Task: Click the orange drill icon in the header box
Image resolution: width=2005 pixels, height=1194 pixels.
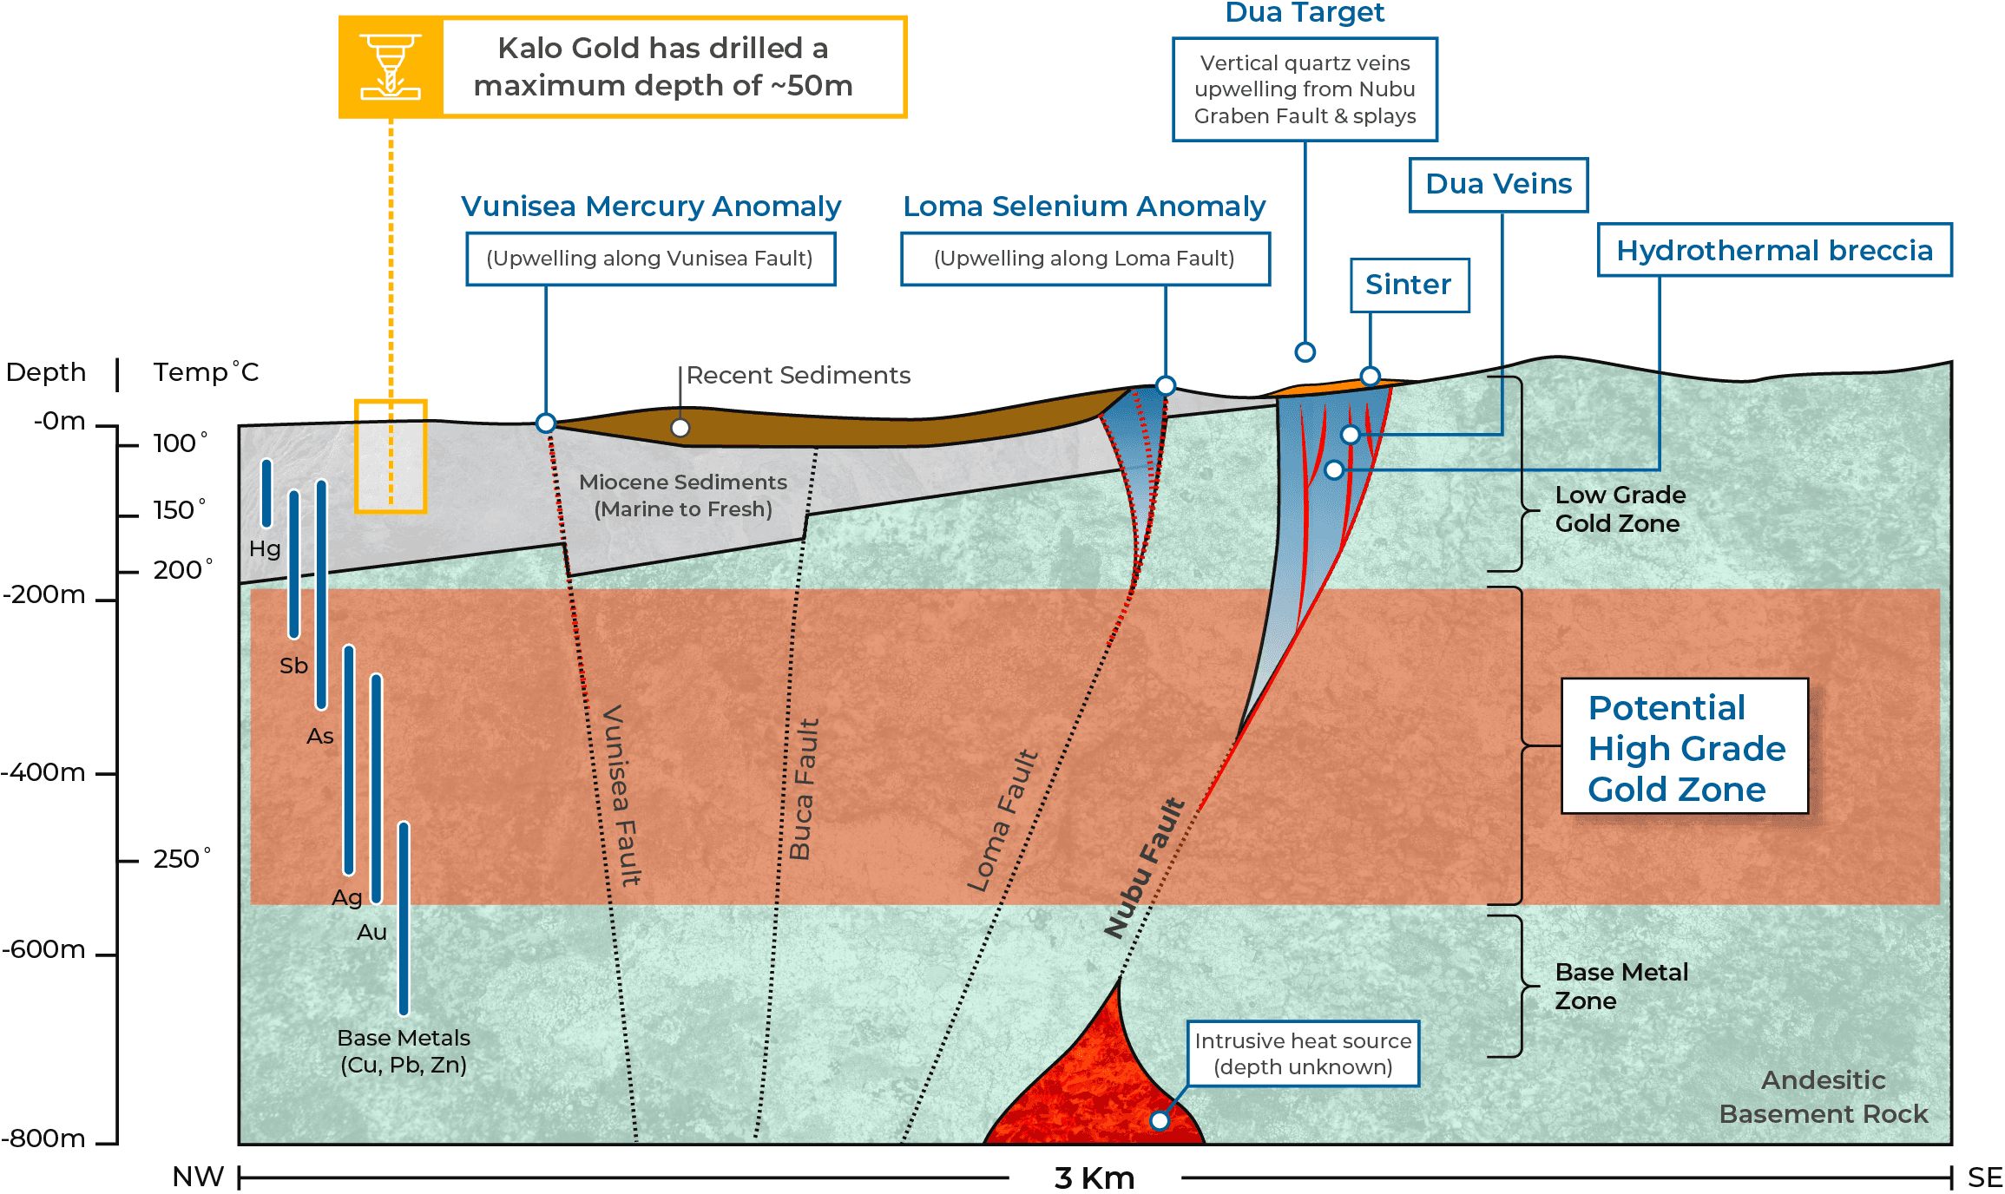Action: [391, 67]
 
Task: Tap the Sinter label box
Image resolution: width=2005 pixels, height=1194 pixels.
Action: [1410, 285]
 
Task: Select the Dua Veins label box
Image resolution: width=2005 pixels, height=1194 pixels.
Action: [1499, 184]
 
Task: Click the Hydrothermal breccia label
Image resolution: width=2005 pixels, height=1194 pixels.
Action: [1775, 250]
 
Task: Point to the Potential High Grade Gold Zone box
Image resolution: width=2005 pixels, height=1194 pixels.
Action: [1685, 746]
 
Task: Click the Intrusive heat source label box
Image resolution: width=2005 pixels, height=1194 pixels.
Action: [1303, 1053]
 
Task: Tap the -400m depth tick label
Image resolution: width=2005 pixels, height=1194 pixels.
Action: [43, 771]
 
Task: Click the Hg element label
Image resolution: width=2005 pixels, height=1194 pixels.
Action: [265, 548]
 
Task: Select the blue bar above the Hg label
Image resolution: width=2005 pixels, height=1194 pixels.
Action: [266, 493]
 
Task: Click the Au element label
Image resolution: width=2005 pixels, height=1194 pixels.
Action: [371, 932]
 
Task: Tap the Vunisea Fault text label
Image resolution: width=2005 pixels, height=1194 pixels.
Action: [621, 795]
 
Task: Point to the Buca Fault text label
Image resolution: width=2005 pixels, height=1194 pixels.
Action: [804, 789]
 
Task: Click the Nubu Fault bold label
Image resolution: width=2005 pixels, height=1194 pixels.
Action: [1144, 868]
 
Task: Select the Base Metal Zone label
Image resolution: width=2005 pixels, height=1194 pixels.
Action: [1621, 986]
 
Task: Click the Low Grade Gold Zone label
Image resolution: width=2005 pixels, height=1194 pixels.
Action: [1620, 508]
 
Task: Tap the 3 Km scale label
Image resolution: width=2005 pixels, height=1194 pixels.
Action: [1095, 1178]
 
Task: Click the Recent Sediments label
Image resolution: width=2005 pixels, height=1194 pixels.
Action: [799, 375]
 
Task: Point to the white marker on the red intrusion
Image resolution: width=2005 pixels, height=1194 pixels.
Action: [1160, 1120]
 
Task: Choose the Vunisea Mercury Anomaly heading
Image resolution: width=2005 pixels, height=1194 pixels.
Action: [651, 207]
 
